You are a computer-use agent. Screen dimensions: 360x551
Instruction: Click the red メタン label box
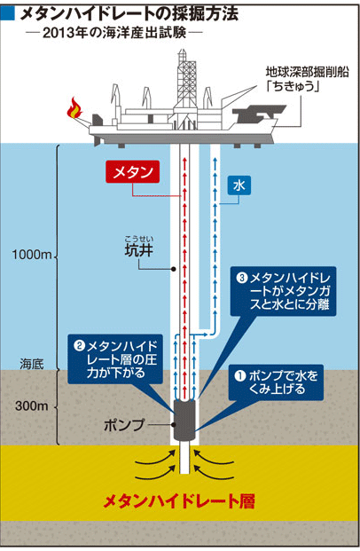132,172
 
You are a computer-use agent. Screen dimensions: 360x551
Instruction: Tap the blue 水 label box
239,185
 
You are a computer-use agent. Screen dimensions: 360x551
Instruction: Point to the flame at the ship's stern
74,108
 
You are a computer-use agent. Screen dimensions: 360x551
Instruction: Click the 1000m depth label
32,255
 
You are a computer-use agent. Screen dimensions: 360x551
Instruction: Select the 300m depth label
32,405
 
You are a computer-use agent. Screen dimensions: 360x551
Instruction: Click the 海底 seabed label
32,364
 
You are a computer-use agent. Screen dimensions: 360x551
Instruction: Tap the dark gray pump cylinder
184,419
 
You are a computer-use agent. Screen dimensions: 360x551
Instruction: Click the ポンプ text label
124,425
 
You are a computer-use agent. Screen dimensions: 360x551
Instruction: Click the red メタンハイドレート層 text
179,501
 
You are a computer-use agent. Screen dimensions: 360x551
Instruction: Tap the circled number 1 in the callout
240,375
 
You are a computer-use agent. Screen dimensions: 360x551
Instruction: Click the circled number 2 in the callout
80,346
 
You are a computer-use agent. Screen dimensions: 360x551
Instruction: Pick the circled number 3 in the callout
242,278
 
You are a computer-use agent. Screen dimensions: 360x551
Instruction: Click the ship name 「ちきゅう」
293,86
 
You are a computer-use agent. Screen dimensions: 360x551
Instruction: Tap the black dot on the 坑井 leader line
173,269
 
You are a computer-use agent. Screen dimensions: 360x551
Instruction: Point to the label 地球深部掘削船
308,72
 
